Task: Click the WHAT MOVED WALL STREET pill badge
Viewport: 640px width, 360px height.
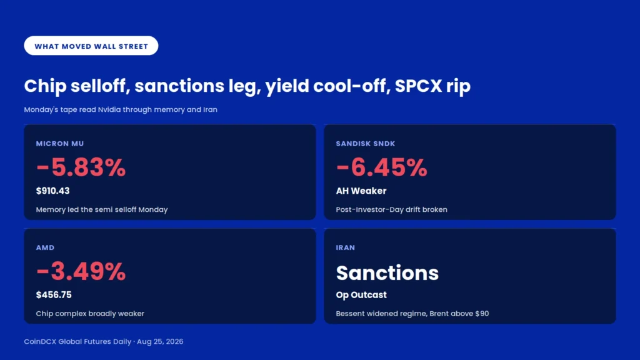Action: (91, 46)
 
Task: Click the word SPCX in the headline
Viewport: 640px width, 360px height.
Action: (418, 86)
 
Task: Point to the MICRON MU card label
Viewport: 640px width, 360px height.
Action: (60, 144)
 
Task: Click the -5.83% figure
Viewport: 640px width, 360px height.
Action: (81, 167)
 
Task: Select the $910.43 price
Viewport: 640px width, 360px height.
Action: (52, 191)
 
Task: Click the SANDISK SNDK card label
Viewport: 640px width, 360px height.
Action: (365, 144)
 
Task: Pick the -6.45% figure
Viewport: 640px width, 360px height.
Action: (382, 167)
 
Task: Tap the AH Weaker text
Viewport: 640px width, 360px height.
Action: (361, 191)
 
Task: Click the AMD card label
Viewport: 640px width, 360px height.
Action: (45, 247)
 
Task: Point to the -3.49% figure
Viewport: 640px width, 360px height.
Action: (81, 272)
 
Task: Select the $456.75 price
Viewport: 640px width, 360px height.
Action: (54, 295)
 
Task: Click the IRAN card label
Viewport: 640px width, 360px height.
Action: (345, 247)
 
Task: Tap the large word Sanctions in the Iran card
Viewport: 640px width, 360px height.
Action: (387, 272)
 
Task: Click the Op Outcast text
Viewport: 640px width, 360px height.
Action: (361, 295)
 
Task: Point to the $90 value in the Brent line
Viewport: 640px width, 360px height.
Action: (482, 314)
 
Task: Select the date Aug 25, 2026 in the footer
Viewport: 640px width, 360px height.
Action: (160, 342)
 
